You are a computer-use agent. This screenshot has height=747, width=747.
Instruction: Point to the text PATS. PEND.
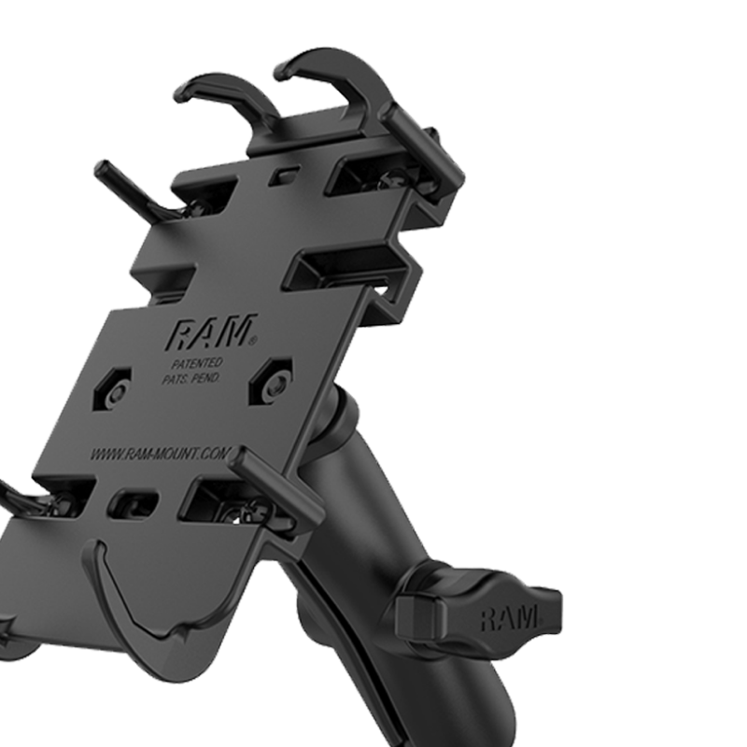[x=191, y=379]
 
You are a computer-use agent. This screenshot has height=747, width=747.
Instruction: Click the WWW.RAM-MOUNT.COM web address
[x=162, y=455]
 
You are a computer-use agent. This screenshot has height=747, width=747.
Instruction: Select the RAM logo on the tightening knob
[x=509, y=617]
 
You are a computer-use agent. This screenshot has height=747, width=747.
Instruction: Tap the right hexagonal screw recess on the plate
[x=274, y=380]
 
